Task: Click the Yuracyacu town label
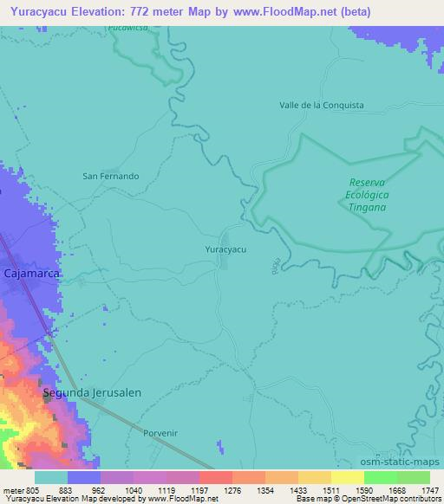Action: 225,249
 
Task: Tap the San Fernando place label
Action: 110,176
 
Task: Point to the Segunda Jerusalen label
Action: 92,392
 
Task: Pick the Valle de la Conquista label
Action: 321,105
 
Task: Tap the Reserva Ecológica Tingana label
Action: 367,195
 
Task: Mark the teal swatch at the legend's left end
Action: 50,477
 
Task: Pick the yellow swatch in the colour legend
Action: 348,477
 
